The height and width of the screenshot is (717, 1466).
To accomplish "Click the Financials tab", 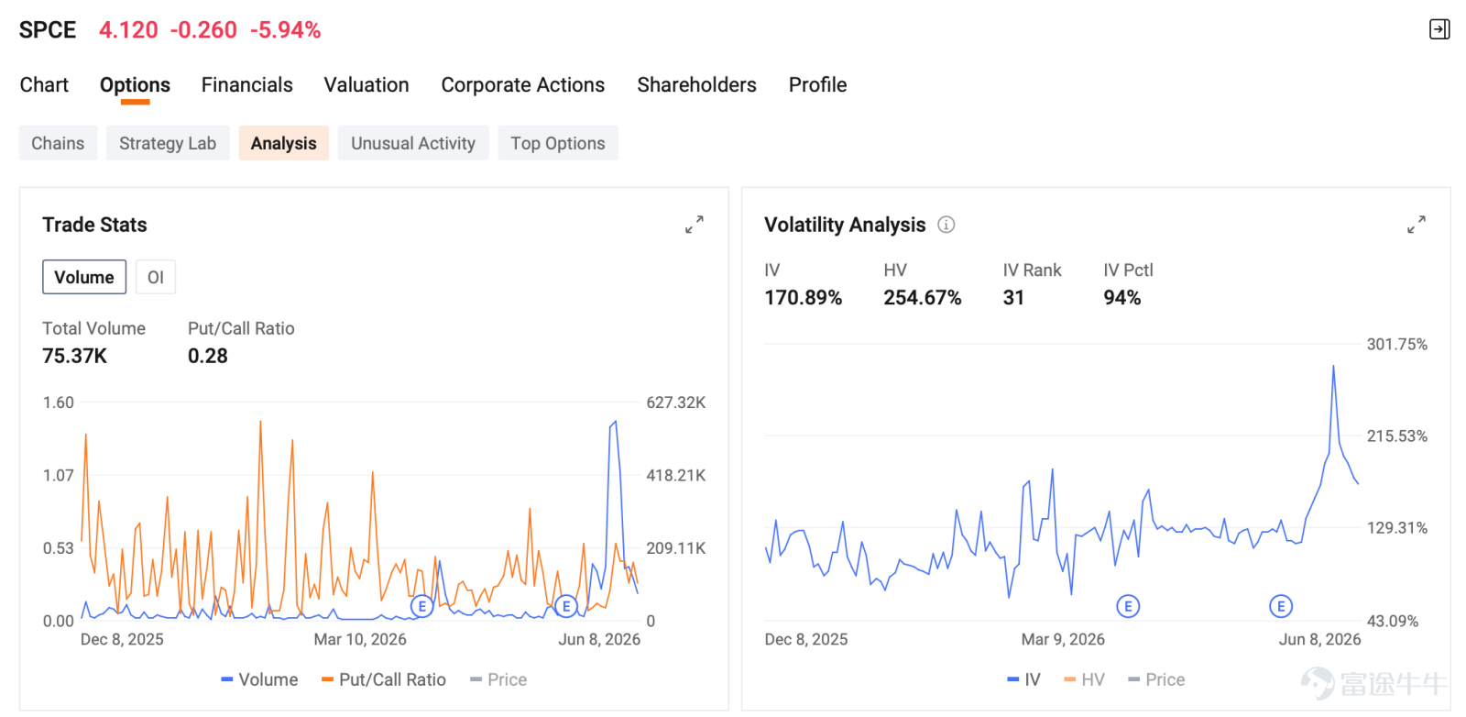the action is pos(246,85).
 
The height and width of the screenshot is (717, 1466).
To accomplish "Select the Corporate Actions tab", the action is pos(522,85).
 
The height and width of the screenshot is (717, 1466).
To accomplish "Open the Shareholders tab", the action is pos(696,85).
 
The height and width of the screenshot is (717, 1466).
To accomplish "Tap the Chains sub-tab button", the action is pos(58,143).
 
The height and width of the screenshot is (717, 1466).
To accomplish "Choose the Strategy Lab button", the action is pos(168,143).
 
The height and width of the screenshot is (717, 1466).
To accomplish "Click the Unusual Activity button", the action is pos(413,143).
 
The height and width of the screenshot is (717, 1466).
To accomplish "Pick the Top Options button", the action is pos(558,143).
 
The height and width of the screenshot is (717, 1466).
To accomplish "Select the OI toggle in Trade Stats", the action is pos(155,277).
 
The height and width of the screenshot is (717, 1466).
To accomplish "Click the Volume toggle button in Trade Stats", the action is pos(83,277).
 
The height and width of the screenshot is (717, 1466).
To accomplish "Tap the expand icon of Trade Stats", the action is pos(695,225).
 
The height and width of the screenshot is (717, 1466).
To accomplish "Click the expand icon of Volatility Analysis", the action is pos(1417,225).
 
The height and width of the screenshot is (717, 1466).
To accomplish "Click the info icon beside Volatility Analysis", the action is pos(946,225).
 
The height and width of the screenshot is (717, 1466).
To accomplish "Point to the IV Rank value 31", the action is pos(1013,298).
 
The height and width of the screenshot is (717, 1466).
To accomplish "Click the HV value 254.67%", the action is pos(922,298).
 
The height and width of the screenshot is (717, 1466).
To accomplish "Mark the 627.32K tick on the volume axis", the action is pos(675,402).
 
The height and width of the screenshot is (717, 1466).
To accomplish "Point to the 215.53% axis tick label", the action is pos(1396,436).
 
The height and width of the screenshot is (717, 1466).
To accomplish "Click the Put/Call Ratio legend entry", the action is pos(384,679).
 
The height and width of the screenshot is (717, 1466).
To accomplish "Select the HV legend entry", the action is pos(1085,679).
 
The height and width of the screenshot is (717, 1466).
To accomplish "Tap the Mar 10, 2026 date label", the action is pos(360,639).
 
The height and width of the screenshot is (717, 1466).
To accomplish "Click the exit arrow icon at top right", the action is pos(1439,29).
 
